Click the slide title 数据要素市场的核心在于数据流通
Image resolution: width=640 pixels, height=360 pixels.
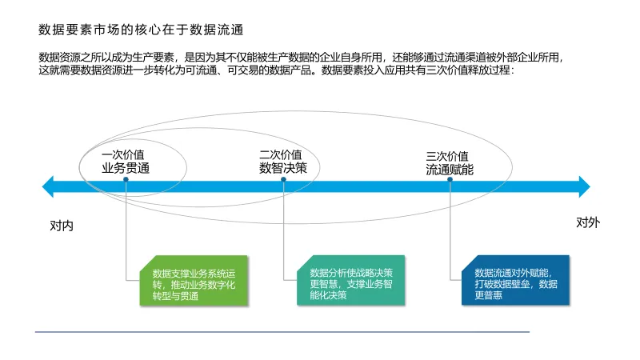tap(141, 30)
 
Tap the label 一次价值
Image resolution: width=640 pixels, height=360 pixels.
tap(124, 155)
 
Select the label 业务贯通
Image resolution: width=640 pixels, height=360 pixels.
tap(126, 169)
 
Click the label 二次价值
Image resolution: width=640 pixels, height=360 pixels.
tap(281, 155)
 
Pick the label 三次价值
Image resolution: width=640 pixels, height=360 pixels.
tap(448, 156)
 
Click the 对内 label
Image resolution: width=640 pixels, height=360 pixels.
tap(62, 226)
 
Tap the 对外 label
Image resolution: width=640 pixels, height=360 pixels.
tap(588, 222)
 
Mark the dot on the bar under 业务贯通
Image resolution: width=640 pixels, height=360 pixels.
tap(126, 180)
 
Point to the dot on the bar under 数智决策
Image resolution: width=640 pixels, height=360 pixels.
tap(284, 180)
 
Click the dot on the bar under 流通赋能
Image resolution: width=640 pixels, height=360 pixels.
tap(450, 180)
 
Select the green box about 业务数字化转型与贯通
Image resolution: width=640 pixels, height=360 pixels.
tap(192, 280)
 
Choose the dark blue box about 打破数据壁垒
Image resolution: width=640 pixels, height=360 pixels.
tap(515, 280)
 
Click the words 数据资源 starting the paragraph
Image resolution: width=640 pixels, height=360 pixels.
tap(58, 58)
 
